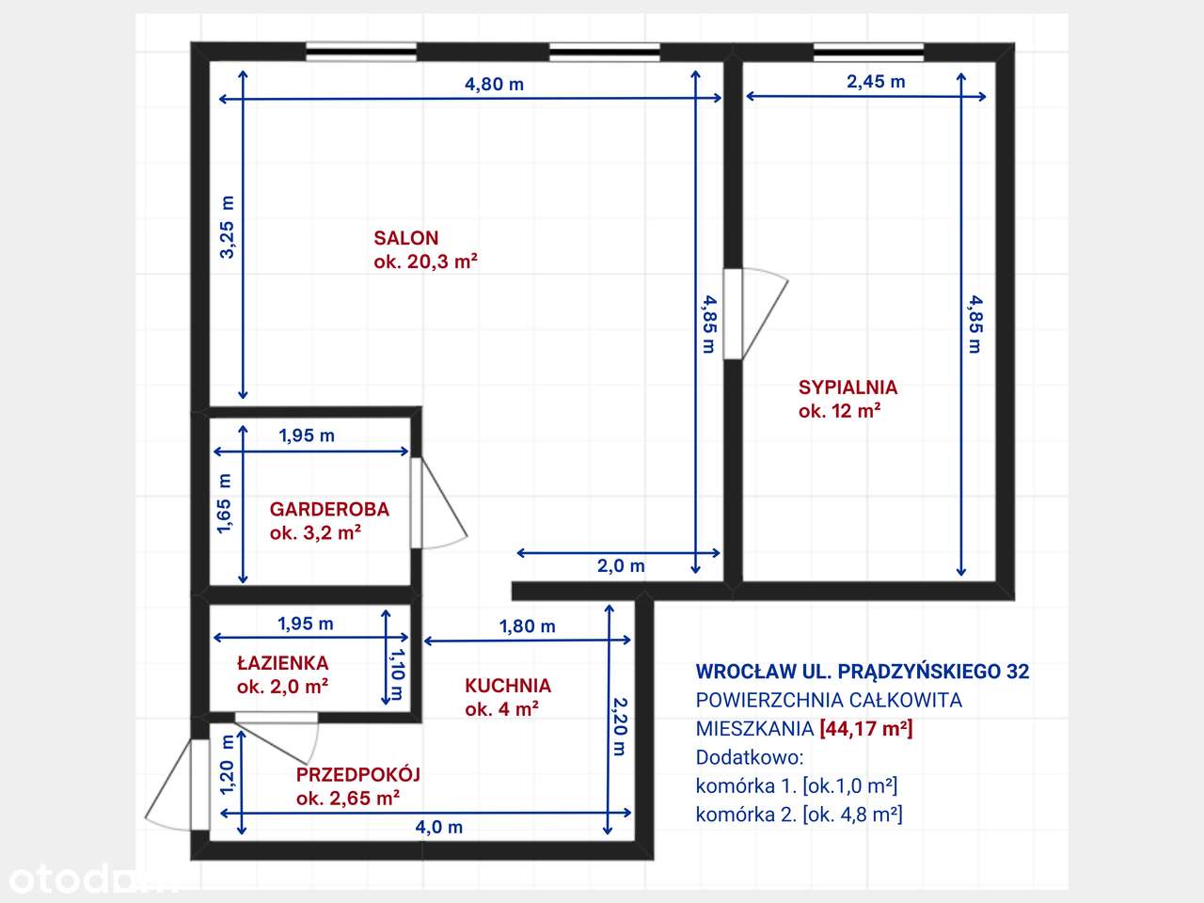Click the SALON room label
coord(405,238)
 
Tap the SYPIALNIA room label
coord(848,387)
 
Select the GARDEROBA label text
coord(329,509)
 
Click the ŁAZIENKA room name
coord(282,663)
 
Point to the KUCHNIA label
coord(508,686)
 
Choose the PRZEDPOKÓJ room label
coord(357,774)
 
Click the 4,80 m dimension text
coord(494,84)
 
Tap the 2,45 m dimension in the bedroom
coord(876,82)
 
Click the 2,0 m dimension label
coord(621,565)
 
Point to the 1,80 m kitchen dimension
coord(527,626)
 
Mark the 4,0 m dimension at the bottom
coord(439,827)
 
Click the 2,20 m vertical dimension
coord(619,725)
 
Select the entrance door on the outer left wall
coord(179,785)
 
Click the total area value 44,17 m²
coord(865,728)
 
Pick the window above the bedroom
coord(868,52)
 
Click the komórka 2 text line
coord(799,814)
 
